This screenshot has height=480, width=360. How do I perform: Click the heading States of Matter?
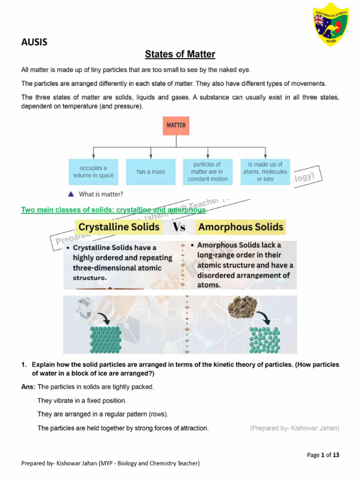[x=180, y=54]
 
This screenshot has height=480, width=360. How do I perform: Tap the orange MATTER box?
[x=176, y=126]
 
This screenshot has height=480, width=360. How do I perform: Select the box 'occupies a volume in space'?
[x=93, y=172]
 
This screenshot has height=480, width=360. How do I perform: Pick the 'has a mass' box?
[x=150, y=172]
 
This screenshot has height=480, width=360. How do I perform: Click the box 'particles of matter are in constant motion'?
[x=207, y=172]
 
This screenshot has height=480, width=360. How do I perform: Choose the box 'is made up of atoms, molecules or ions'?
[x=265, y=172]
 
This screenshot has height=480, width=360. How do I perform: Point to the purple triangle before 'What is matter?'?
[x=71, y=194]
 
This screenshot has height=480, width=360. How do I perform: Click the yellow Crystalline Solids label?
[x=119, y=227]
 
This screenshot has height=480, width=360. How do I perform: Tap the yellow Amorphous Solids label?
[x=240, y=227]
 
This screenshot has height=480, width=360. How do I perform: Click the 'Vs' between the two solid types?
[x=180, y=228]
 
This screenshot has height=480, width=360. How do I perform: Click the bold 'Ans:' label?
[x=29, y=387]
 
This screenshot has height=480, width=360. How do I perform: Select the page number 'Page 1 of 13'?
[x=323, y=455]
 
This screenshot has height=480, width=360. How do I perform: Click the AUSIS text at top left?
[x=34, y=43]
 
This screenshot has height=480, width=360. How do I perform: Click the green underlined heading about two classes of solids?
[x=113, y=210]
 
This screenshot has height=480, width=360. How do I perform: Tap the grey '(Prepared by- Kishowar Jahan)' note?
[x=294, y=428]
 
